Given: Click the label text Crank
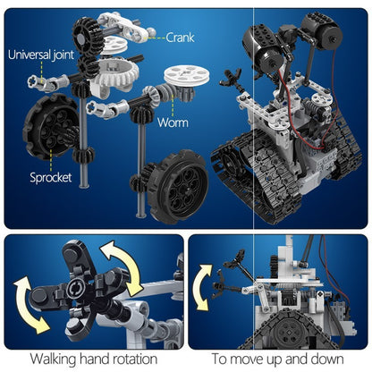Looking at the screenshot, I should click(184, 38).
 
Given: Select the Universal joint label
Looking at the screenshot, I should click(41, 55).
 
